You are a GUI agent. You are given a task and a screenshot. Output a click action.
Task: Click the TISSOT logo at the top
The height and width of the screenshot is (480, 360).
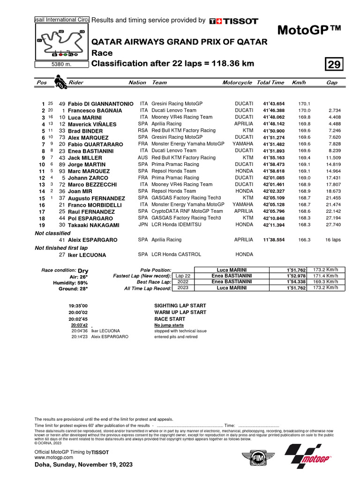point(233,21)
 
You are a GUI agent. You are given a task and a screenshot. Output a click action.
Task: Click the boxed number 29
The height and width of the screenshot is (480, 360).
point(335,64)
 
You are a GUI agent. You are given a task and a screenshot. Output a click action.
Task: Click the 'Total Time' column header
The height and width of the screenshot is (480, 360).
point(270,82)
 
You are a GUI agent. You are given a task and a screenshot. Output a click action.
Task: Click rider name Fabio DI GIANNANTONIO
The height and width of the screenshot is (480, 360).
point(100,104)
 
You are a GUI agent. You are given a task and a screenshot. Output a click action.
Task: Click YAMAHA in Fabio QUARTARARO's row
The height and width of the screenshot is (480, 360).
point(242,144)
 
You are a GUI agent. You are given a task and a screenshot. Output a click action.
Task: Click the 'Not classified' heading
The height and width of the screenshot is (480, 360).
point(52,233)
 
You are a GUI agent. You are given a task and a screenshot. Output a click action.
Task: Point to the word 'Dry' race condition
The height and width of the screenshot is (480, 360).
point(83,271)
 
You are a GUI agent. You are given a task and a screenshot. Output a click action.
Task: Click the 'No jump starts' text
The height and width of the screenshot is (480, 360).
point(169,325)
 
